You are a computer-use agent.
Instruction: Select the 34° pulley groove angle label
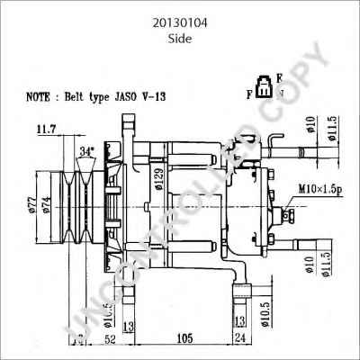86,150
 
